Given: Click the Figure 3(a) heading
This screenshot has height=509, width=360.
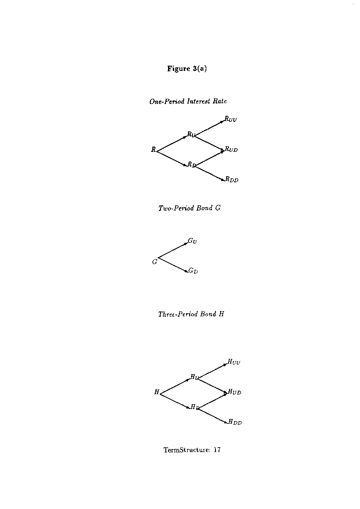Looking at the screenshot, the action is point(187,68).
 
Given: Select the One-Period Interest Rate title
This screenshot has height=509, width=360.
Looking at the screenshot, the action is point(188,101).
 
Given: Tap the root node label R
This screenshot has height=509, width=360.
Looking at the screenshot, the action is point(153,149).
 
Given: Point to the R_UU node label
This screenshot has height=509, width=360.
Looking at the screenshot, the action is point(231,119).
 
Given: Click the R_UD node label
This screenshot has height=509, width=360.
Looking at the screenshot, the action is point(231,149).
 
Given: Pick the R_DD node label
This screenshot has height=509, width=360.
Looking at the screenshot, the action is point(232,179).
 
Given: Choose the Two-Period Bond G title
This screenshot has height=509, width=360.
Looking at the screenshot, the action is point(189,208).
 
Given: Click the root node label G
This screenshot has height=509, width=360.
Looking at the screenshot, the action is point(155,261).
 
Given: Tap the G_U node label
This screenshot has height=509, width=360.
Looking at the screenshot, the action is point(192,241).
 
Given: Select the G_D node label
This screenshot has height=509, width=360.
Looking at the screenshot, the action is point(193,271).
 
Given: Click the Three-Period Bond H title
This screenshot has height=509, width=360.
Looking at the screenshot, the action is point(191,314).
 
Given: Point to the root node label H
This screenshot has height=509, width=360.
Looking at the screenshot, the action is point(157,392).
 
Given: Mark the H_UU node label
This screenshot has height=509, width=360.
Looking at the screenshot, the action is point(234,362).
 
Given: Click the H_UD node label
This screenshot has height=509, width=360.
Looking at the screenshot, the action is point(235,392).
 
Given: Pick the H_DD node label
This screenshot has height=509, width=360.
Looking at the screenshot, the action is point(235,422).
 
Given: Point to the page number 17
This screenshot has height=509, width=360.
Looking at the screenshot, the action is point(217,450).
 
